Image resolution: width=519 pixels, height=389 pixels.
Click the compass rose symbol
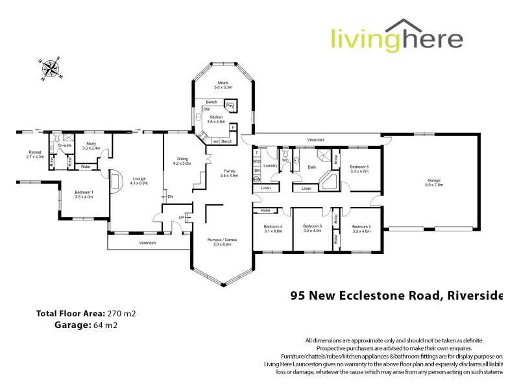50,68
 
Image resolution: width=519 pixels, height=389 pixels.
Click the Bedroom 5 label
359,168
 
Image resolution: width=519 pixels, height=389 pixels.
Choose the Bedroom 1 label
84,193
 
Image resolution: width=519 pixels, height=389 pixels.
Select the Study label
91,145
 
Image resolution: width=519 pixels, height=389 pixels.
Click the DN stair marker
171,196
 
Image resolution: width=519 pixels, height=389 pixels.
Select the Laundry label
271,166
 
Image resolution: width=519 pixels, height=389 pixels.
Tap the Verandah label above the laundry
316,139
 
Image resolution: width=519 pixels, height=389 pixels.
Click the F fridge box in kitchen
232,127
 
